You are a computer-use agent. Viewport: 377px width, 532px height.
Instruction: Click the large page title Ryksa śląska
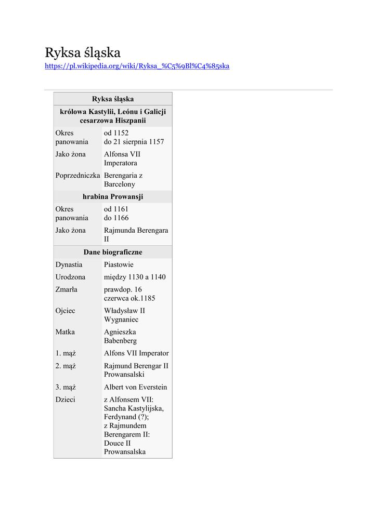tap(83, 52)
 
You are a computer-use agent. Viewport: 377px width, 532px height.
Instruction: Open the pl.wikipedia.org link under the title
tap(137, 66)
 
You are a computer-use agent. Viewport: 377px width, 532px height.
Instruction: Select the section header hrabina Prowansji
tap(113, 197)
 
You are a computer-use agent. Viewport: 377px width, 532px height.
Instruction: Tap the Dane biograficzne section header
tap(113, 252)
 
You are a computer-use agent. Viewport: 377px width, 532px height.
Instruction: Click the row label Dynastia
tap(69, 264)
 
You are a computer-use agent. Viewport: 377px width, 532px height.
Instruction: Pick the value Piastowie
tap(119, 264)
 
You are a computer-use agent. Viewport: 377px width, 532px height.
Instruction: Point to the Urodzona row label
tap(70, 277)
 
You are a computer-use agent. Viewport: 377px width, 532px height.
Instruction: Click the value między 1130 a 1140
tap(135, 277)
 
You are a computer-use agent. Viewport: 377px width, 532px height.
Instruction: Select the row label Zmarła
tap(67, 289)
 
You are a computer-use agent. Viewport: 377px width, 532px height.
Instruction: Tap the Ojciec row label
tap(66, 311)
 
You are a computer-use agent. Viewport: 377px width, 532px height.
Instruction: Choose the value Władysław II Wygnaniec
tap(125, 315)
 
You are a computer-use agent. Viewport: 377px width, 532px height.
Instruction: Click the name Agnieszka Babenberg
tap(121, 336)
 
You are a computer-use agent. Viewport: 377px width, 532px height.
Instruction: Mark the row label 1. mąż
tap(66, 353)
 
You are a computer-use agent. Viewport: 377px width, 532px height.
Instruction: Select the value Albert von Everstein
tap(135, 387)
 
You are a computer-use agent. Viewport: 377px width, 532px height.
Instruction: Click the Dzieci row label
tap(66, 400)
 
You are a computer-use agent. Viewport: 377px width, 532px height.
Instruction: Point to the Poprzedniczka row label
tap(77, 176)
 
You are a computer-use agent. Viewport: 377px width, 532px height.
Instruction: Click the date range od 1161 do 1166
tap(116, 214)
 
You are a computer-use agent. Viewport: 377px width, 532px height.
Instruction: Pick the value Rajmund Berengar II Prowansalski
tap(136, 370)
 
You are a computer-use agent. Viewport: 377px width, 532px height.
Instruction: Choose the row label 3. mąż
tap(66, 387)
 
